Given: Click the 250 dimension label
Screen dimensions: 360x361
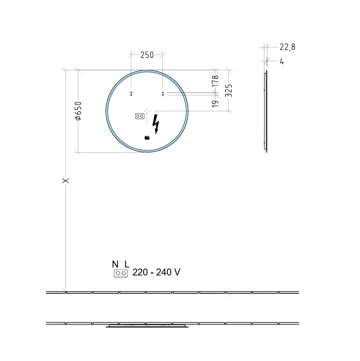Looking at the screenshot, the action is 147,55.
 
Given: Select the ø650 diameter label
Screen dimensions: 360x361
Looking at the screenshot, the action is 78,111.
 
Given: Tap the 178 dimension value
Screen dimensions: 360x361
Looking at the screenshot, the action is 215,81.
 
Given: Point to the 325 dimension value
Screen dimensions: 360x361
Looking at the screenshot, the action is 228,90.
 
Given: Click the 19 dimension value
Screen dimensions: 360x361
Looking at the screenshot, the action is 215,104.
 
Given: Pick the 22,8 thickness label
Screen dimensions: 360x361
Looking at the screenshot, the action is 287,47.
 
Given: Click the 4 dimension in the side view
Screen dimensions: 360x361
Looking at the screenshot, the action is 282,61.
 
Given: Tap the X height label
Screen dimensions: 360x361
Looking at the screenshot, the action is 66,180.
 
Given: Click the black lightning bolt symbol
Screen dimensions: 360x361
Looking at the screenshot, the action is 156,124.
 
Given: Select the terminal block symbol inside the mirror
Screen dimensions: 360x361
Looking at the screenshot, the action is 140,116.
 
